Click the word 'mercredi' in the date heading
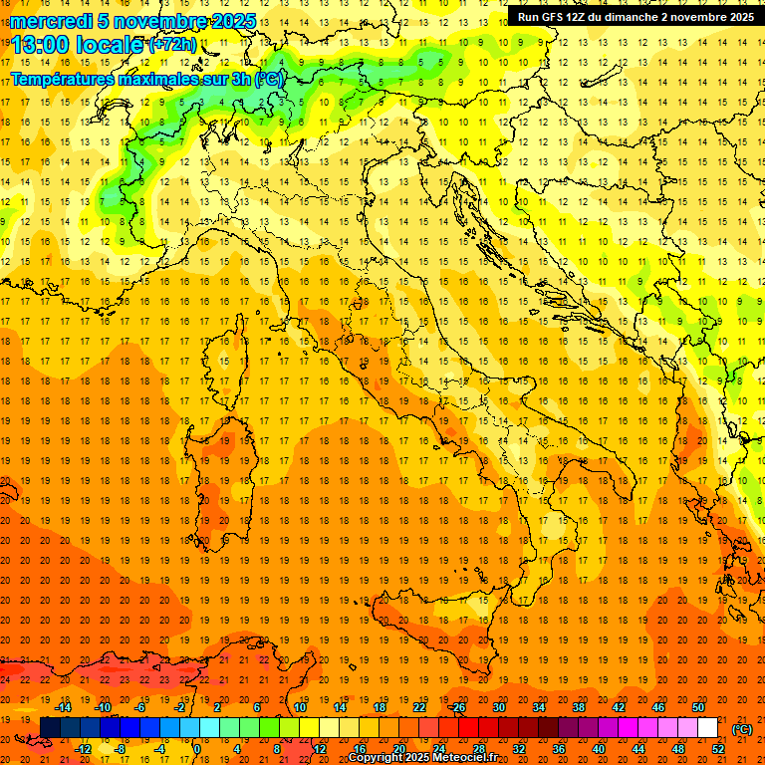click(x=52, y=21)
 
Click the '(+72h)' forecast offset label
click(x=173, y=45)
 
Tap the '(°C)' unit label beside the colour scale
click(x=742, y=729)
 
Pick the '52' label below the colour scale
click(x=717, y=749)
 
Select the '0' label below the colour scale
click(x=198, y=749)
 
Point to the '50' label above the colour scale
click(x=698, y=707)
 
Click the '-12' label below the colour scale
click(x=83, y=749)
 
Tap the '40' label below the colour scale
click(x=598, y=749)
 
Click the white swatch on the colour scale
click(x=707, y=728)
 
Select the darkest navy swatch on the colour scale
click(x=50, y=728)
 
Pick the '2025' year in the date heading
click(x=229, y=21)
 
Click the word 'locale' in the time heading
click(x=112, y=44)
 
